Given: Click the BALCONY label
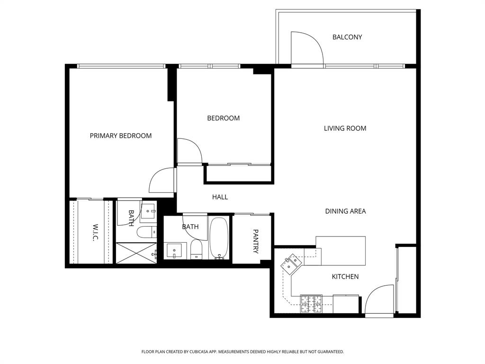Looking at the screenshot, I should (347, 37).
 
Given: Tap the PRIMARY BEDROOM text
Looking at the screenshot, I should (121, 136).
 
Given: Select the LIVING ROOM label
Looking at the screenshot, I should (345, 128).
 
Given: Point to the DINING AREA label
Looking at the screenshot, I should (345, 211).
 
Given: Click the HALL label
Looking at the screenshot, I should (220, 197).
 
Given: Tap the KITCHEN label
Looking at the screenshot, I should (345, 276).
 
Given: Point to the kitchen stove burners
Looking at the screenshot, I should (311, 304).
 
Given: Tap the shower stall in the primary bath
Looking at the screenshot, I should (136, 252).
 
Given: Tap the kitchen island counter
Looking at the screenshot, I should (341, 251).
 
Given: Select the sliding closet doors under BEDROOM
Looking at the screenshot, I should (239, 165).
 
